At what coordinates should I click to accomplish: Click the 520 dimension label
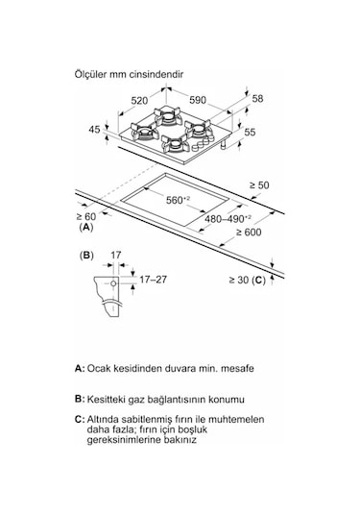click(x=139, y=101)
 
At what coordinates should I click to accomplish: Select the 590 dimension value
click(x=198, y=100)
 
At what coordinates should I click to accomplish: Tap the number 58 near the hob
click(x=257, y=98)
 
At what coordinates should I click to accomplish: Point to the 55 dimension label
click(x=250, y=133)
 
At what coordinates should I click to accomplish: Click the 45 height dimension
click(x=95, y=129)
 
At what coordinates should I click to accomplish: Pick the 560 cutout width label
click(x=179, y=200)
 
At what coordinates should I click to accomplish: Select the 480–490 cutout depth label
click(x=228, y=218)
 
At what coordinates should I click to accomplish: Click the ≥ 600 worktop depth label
click(x=249, y=233)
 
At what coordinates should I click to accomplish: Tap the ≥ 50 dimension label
click(x=259, y=185)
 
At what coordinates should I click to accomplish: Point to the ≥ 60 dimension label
click(x=86, y=216)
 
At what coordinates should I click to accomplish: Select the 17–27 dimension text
click(x=153, y=280)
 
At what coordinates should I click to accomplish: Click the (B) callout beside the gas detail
click(x=86, y=256)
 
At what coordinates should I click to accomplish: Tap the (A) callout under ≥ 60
click(x=86, y=227)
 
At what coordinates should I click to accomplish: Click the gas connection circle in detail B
click(x=113, y=283)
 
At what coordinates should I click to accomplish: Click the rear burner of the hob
click(x=168, y=116)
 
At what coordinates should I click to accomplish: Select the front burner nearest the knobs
click(x=175, y=144)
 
